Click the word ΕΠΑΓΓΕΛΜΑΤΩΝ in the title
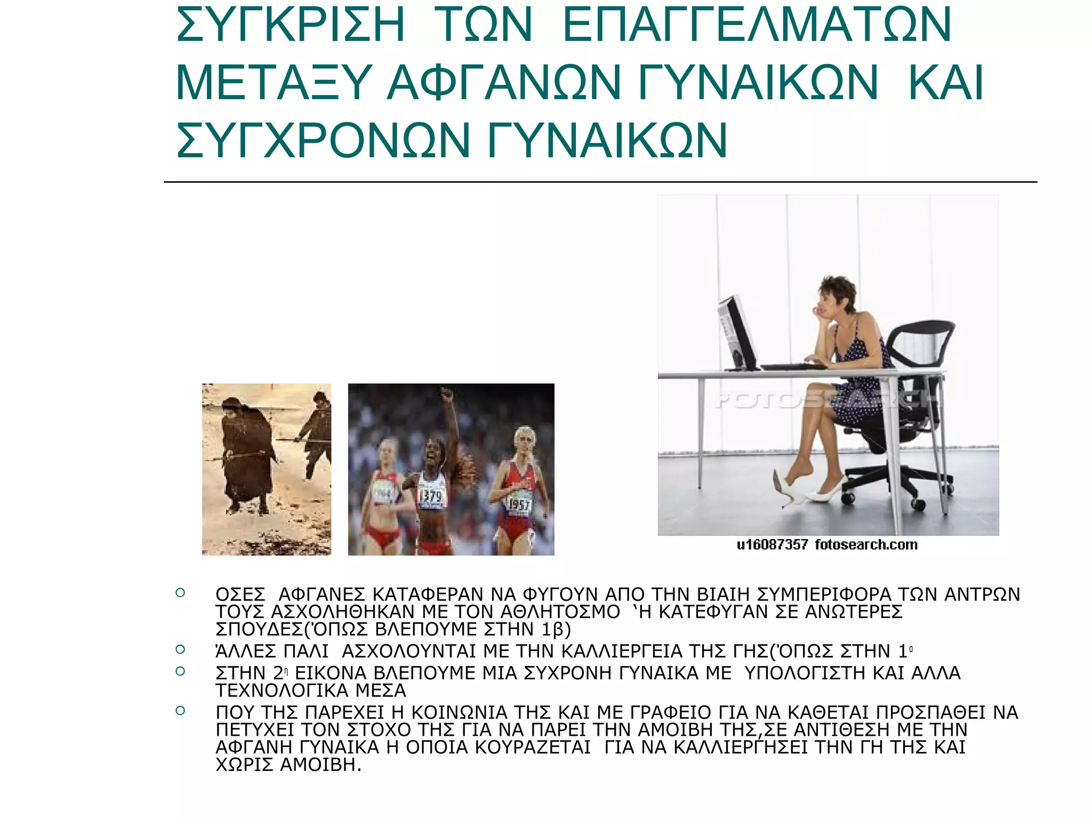(x=757, y=25)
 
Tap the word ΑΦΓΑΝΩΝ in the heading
(x=504, y=83)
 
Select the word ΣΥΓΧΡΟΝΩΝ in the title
(x=323, y=140)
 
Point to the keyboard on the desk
(x=793, y=366)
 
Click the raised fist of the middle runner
(x=447, y=396)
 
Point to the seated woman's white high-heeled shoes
(x=810, y=491)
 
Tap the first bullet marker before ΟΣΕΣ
(x=180, y=592)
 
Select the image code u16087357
(x=772, y=545)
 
